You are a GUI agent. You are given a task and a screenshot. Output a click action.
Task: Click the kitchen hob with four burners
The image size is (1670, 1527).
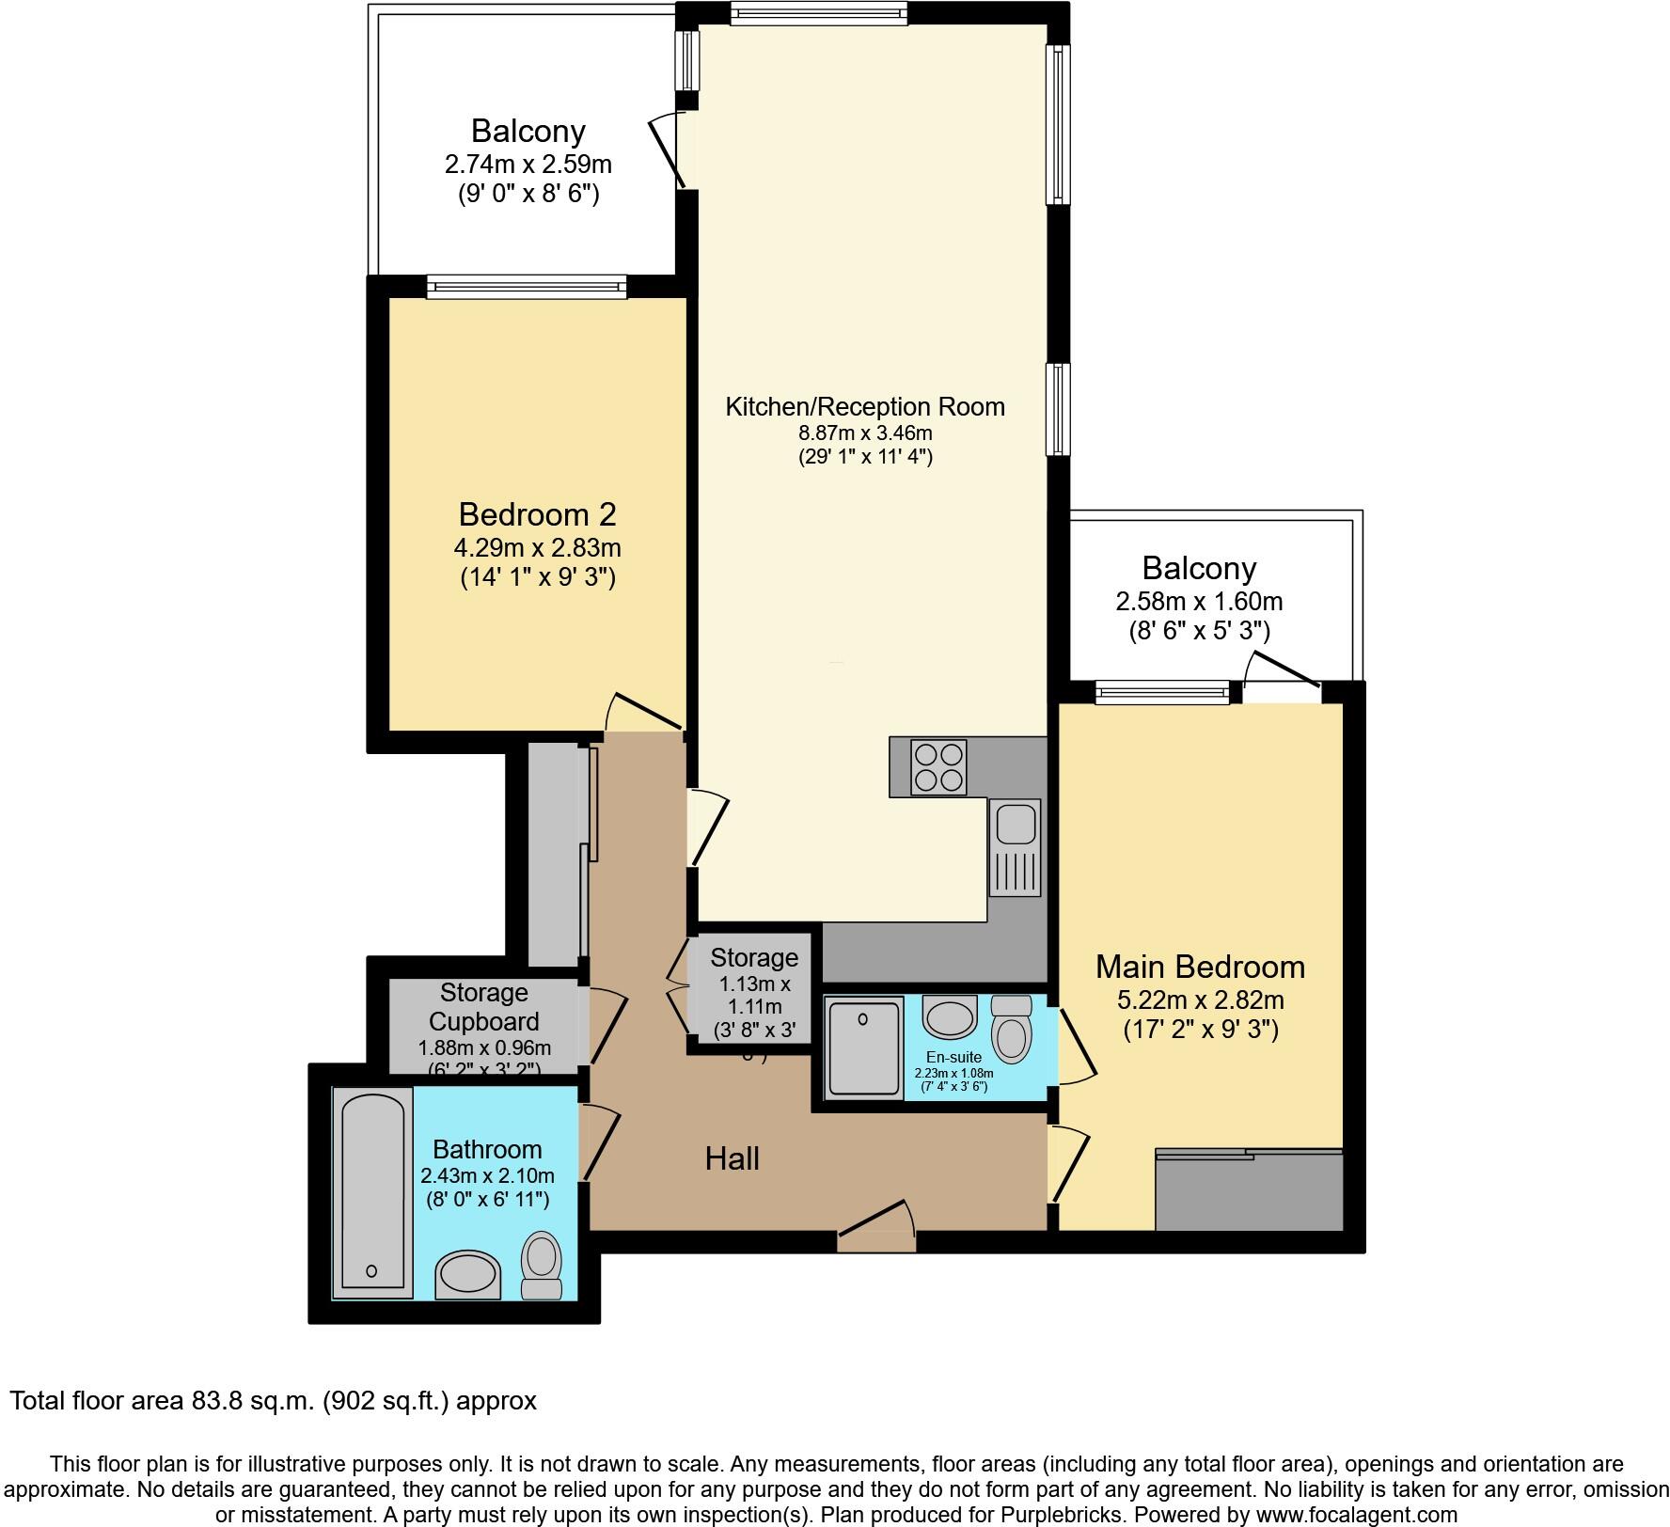(x=938, y=767)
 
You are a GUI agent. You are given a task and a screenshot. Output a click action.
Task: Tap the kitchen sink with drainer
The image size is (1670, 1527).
(x=1015, y=847)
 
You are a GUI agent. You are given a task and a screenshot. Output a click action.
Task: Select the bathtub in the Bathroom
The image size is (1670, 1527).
(x=371, y=1192)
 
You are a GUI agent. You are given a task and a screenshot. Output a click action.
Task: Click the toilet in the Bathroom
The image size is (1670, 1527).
(x=542, y=1266)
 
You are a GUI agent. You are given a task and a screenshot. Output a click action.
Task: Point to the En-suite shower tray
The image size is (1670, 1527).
(x=863, y=1047)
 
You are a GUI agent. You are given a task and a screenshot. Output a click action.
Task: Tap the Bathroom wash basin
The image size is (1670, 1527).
(x=467, y=1275)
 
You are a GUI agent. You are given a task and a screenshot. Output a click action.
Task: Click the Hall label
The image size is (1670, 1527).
(x=732, y=1158)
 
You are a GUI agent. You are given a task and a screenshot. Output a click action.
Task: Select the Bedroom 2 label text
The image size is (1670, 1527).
(x=537, y=514)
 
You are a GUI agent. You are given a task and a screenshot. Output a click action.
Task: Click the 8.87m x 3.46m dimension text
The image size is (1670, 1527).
(x=865, y=433)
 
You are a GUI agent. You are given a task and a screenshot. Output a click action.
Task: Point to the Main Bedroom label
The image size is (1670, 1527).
(x=1200, y=967)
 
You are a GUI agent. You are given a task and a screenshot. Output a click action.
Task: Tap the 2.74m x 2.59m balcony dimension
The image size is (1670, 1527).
(x=528, y=165)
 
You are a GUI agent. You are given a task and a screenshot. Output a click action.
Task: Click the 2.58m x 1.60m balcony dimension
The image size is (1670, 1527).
(x=1199, y=601)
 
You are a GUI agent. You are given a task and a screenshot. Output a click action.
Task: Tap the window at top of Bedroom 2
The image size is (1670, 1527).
(x=527, y=287)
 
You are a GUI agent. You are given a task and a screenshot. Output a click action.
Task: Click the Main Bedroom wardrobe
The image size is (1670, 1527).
(x=1248, y=1190)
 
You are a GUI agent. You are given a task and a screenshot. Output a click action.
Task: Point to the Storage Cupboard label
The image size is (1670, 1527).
(x=483, y=1007)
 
